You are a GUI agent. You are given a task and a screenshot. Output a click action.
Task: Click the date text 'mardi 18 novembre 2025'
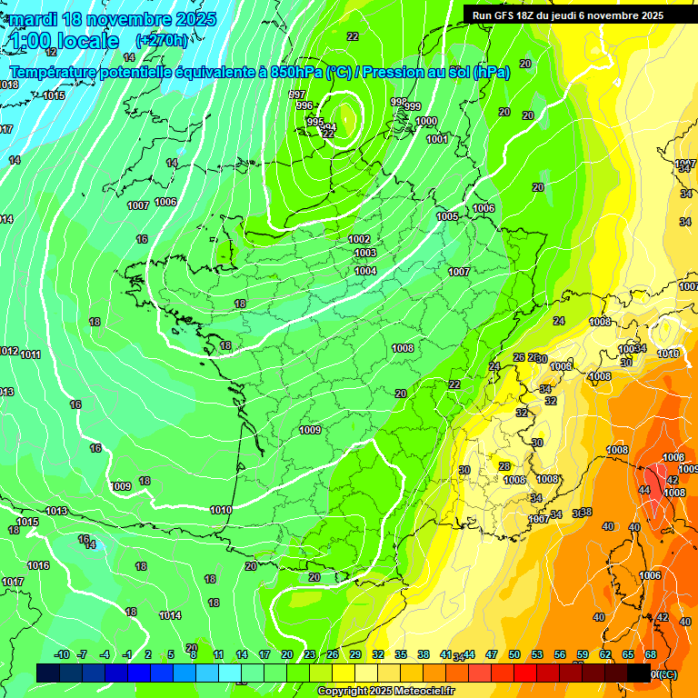[112, 19]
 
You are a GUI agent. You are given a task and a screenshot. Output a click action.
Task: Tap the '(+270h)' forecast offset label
[162, 40]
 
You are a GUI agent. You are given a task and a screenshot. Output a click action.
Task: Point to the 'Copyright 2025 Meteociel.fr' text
[385, 691]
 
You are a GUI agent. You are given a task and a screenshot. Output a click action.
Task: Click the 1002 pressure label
[360, 239]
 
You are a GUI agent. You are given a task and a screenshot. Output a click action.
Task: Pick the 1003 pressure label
[365, 253]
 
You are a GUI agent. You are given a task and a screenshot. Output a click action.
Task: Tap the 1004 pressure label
[365, 271]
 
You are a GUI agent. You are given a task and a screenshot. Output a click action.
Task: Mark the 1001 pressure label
[437, 139]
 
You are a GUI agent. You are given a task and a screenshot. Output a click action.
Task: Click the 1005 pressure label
[447, 216]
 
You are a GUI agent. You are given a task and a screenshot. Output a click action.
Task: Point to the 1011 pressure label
[31, 354]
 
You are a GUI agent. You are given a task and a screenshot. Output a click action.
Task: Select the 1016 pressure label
[38, 565]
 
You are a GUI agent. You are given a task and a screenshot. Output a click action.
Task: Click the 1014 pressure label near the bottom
[170, 615]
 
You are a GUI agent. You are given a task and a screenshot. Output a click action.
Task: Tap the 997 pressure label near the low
[297, 95]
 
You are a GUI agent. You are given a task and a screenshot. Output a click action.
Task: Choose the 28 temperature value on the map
[504, 466]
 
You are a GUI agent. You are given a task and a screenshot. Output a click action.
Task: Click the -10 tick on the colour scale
[62, 654]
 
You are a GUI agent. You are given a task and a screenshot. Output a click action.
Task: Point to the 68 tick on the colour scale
[651, 654]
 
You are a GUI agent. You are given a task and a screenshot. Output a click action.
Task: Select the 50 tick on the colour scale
[514, 654]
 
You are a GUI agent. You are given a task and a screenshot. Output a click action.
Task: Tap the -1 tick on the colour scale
[127, 654]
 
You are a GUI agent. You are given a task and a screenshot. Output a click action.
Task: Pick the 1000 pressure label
[426, 121]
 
